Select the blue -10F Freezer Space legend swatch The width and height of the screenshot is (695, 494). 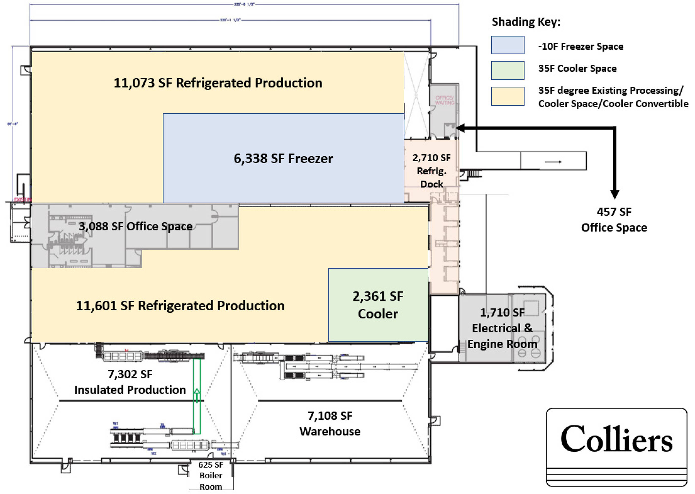507,45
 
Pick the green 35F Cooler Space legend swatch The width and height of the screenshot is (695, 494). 507,70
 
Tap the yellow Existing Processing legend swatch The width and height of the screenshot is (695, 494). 507,96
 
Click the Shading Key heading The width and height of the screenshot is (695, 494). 526,22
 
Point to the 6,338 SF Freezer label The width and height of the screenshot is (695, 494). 283,159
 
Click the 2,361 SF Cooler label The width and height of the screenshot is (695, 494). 378,305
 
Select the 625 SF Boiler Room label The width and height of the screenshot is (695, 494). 211,475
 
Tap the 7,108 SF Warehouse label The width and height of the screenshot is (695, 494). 330,423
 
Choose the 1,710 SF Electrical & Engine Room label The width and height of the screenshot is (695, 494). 502,328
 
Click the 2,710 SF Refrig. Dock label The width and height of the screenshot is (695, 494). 431,171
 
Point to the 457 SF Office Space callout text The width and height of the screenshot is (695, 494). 614,220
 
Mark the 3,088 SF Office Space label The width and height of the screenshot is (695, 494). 136,226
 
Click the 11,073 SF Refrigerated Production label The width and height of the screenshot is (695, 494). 218,83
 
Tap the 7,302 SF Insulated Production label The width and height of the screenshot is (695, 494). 130,382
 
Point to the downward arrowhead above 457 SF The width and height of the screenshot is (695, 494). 615,194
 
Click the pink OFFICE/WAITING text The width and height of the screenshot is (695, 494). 444,100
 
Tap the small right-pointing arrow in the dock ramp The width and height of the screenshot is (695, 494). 553,162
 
